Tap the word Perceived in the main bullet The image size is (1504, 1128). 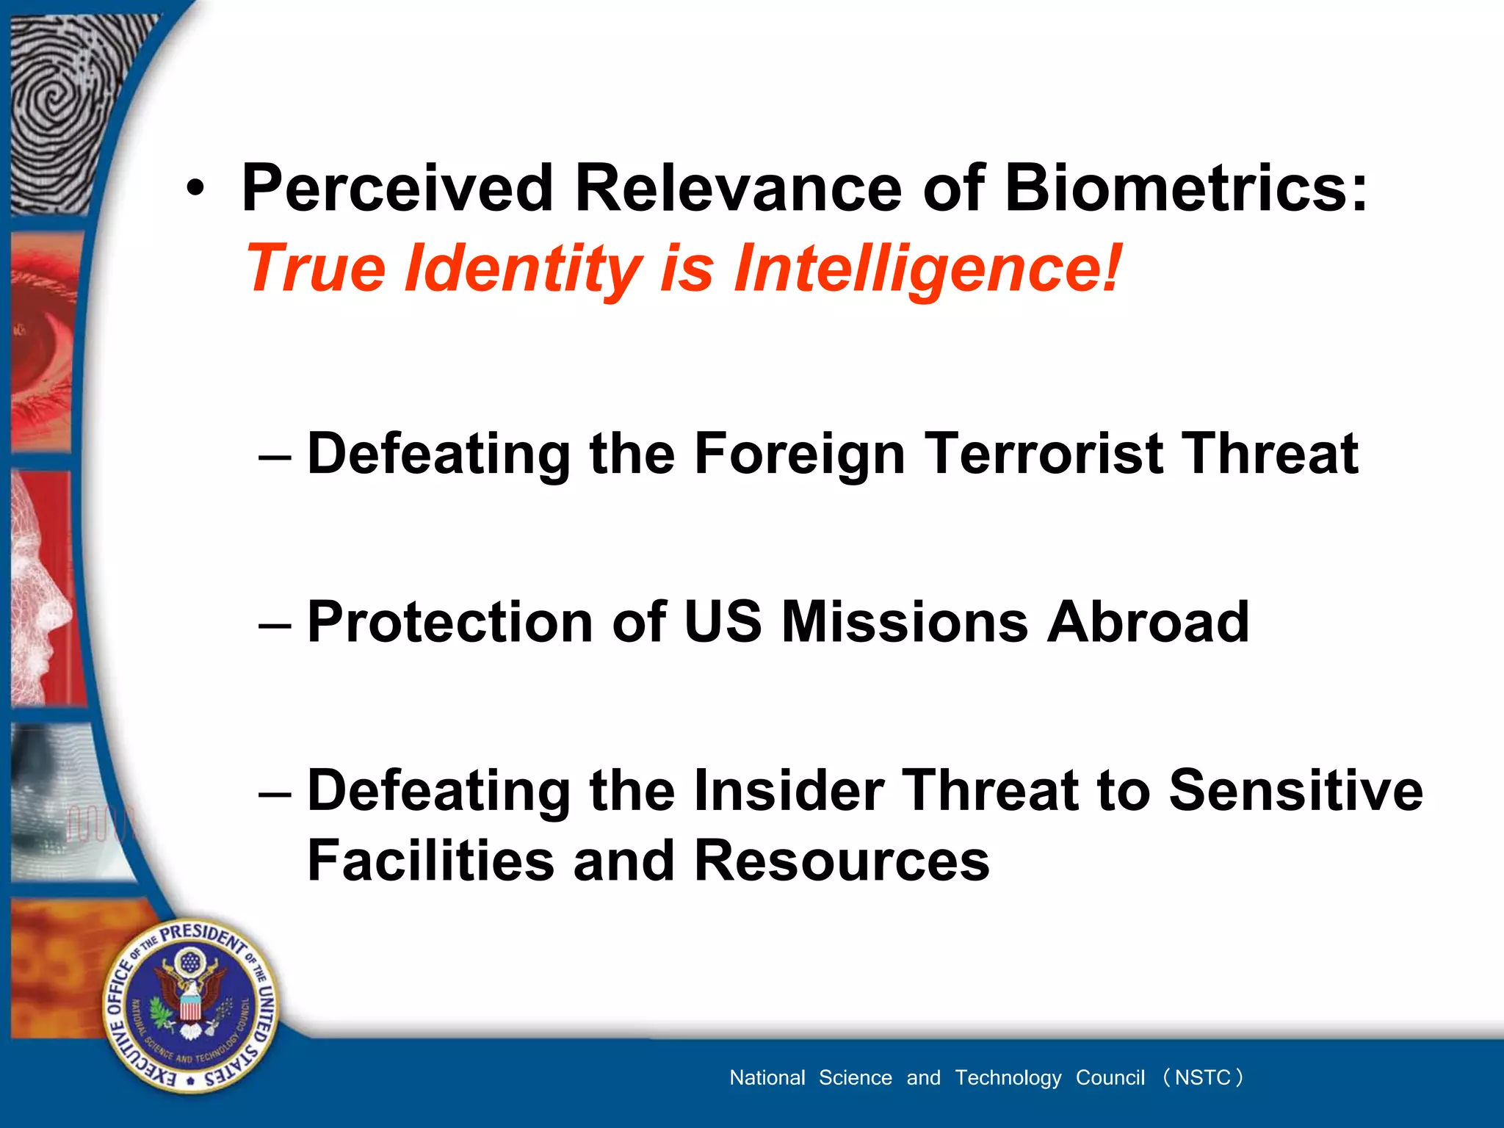pos(397,189)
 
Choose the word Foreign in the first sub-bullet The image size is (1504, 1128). pos(799,454)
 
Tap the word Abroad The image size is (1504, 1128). pos(1148,622)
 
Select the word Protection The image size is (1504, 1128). pos(449,622)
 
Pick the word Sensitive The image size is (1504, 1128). pos(1295,791)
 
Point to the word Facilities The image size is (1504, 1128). pos(430,861)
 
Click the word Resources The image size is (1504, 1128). pos(842,861)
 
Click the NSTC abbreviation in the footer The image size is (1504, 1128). pos(1202,1077)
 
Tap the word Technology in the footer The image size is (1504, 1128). pos(1008,1077)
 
